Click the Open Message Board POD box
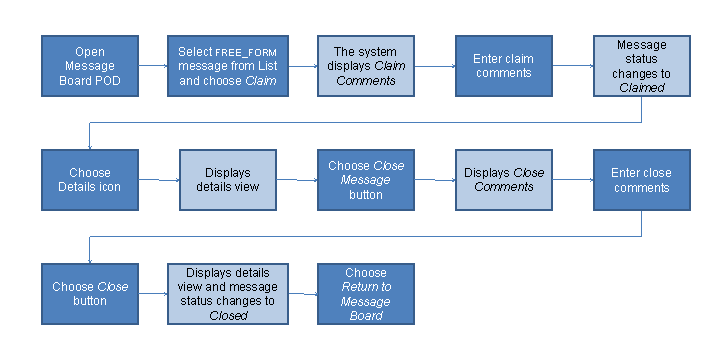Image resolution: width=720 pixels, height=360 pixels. pyautogui.click(x=89, y=66)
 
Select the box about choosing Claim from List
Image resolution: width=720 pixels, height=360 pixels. pyautogui.click(x=227, y=66)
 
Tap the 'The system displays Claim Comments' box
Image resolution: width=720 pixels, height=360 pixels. pyautogui.click(x=366, y=66)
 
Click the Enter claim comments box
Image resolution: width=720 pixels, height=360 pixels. pyautogui.click(x=504, y=66)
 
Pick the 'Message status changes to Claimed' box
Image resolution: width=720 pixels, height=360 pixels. pyautogui.click(x=641, y=66)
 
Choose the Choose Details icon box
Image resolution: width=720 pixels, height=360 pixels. pyautogui.click(x=89, y=180)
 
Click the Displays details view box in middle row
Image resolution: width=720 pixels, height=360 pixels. pyautogui.click(x=227, y=180)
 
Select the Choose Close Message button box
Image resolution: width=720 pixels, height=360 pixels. pyautogui.click(x=366, y=180)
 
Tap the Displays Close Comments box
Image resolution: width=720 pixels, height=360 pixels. pyautogui.click(x=504, y=180)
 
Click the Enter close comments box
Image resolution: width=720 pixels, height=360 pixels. pyautogui.click(x=641, y=180)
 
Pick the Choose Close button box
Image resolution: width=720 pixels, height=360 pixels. pyautogui.click(x=89, y=293)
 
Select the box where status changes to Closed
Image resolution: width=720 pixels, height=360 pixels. pyautogui.click(x=227, y=293)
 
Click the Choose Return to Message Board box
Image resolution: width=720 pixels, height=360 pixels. pyautogui.click(x=366, y=293)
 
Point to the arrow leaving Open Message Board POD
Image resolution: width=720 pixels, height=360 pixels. pyautogui.click(x=152, y=66)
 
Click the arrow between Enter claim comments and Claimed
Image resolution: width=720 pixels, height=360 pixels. pyautogui.click(x=572, y=66)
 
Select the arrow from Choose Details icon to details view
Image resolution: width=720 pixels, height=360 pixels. pyautogui.click(x=158, y=180)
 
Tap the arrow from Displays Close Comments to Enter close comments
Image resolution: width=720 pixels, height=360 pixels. pyautogui.click(x=572, y=180)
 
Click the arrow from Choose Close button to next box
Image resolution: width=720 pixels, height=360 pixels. pyautogui.click(x=152, y=293)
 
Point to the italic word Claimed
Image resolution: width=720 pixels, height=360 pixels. pyautogui.click(x=641, y=87)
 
